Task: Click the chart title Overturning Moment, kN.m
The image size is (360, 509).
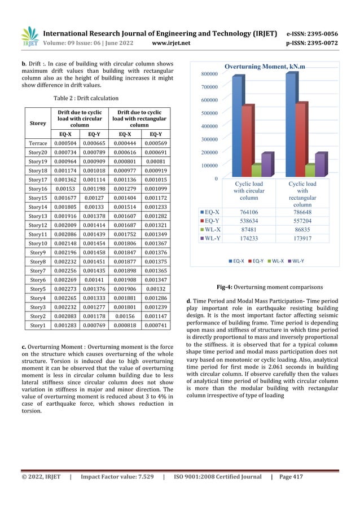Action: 265,67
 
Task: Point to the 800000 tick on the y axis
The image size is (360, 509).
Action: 208,74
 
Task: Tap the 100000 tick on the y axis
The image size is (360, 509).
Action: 208,165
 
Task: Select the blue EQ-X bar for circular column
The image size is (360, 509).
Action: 237,127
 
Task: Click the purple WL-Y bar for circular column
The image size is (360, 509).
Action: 267,165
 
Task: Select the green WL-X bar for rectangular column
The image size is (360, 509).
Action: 310,171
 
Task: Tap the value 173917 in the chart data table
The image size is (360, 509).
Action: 302,239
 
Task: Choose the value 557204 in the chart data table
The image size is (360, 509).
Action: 302,221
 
